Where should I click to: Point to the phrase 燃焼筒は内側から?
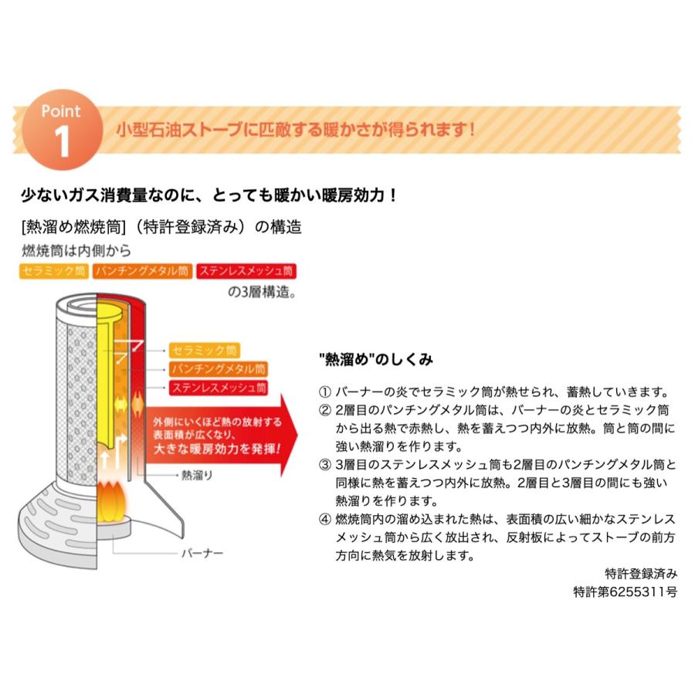coord(76,251)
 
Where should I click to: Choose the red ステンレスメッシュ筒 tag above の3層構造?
coord(246,272)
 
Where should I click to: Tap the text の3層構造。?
coord(262,293)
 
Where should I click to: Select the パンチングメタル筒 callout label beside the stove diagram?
coord(219,369)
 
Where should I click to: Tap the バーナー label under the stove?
coord(202,553)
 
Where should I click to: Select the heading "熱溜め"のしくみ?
coord(375,360)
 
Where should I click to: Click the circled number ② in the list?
coord(324,409)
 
